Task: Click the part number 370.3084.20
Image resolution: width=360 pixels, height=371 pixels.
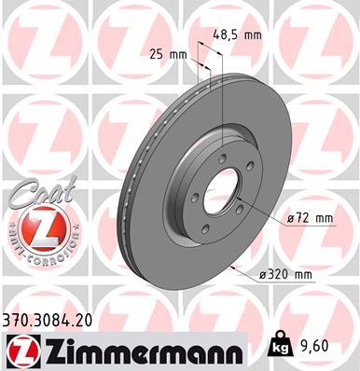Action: (x=57, y=319)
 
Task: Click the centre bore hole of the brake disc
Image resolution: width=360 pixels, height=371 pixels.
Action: (x=225, y=191)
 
